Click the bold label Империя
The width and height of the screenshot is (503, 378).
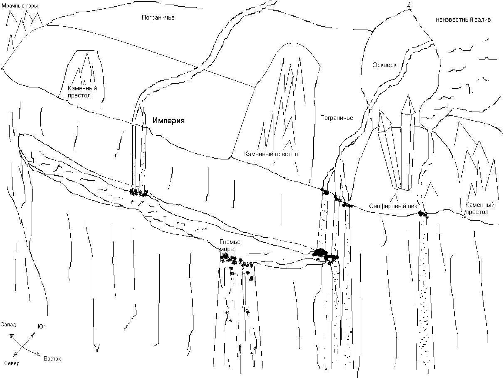click(168, 121)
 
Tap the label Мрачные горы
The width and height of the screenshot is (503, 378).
click(20, 6)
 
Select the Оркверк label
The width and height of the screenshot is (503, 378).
click(384, 65)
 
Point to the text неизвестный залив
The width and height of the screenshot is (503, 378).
click(463, 20)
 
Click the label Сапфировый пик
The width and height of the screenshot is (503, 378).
click(393, 206)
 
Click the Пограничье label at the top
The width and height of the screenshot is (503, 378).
click(158, 17)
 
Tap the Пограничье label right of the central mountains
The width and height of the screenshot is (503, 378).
click(337, 118)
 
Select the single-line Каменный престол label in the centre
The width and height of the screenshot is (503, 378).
click(271, 154)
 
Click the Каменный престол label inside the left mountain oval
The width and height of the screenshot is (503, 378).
click(82, 92)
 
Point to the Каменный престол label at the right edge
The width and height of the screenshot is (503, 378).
click(480, 209)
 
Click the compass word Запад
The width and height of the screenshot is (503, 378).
click(8, 325)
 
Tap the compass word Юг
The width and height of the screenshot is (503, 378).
click(42, 326)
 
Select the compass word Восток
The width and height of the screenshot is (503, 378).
click(52, 359)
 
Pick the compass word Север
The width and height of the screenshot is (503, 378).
click(12, 363)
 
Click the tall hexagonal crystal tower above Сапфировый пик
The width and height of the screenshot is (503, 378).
click(408, 143)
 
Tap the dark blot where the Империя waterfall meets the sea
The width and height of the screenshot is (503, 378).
click(139, 193)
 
